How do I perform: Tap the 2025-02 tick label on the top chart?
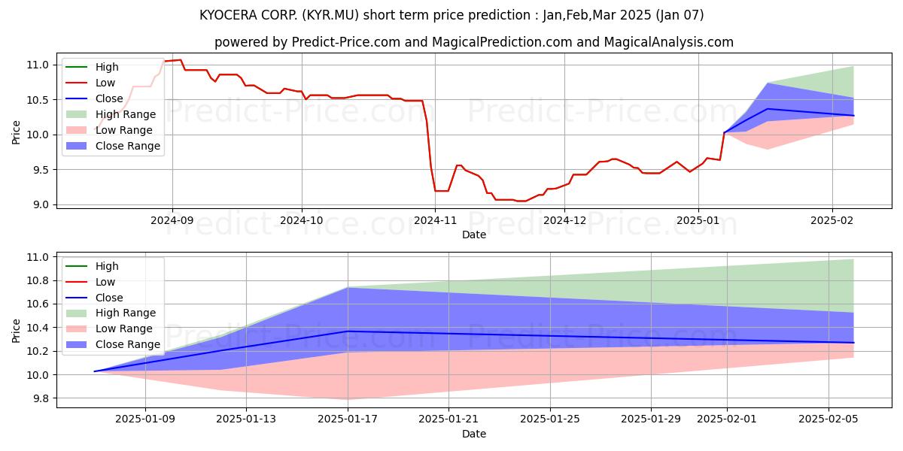(832, 220)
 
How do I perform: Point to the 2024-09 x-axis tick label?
(172, 220)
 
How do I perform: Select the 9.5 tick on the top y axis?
(41, 170)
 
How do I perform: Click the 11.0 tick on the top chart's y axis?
(38, 65)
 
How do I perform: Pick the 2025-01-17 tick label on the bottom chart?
(348, 419)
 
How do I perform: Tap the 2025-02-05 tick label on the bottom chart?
(829, 419)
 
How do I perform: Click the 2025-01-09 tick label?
(145, 419)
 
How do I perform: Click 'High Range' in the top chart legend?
(126, 114)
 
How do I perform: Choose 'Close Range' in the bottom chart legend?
(127, 344)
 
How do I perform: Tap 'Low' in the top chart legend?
(105, 83)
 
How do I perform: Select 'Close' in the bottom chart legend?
(109, 298)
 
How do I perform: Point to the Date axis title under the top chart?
(474, 235)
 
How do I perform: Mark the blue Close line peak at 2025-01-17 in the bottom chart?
(348, 331)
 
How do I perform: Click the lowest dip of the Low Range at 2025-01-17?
(348, 399)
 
